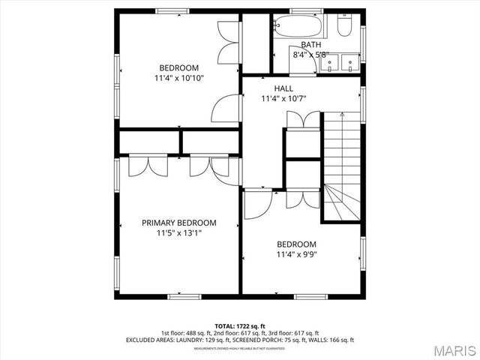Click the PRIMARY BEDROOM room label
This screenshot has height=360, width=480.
(x=179, y=223)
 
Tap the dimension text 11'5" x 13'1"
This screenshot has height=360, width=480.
(x=179, y=233)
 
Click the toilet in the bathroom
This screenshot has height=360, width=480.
(x=345, y=26)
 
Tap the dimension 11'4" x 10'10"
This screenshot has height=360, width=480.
(x=178, y=77)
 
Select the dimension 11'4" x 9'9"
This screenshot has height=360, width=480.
(x=295, y=254)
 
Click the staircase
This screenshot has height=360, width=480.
(x=341, y=165)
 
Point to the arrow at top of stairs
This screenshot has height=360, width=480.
(x=341, y=115)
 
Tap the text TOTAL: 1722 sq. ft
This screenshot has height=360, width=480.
(x=239, y=325)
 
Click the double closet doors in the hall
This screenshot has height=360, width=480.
(x=303, y=120)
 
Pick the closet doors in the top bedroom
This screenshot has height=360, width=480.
(x=227, y=43)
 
